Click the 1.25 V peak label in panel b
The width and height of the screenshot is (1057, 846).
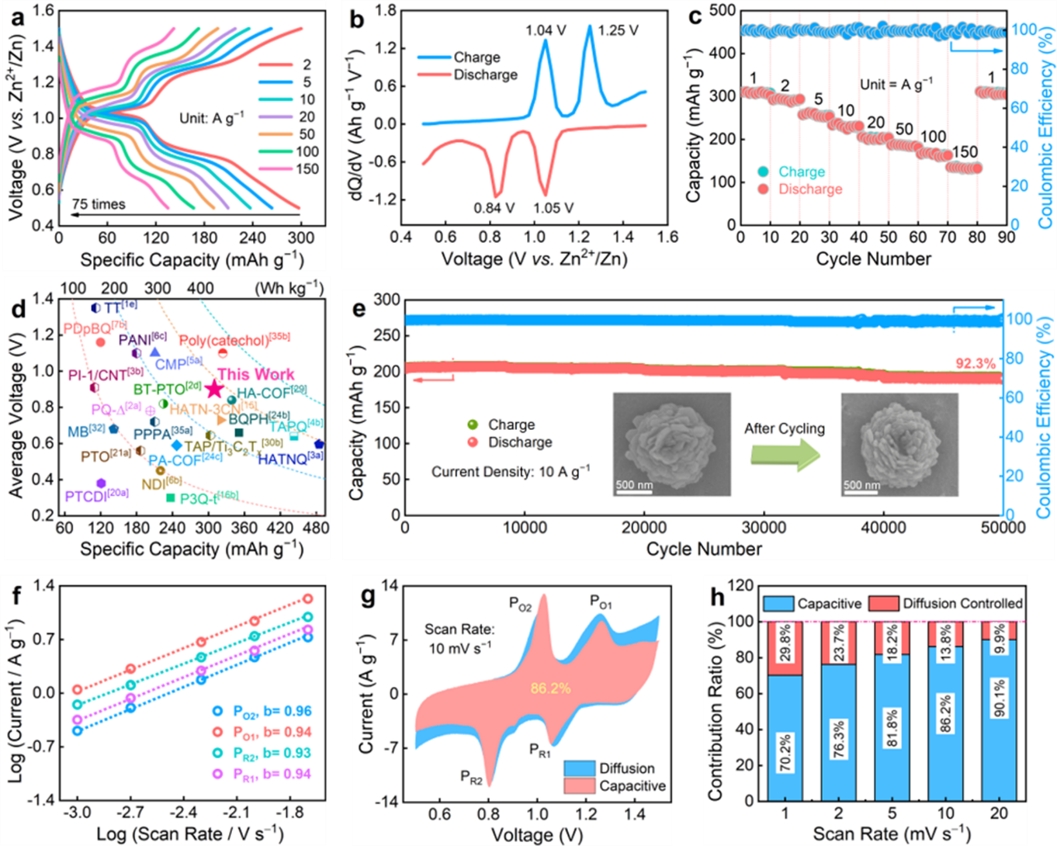tap(618, 30)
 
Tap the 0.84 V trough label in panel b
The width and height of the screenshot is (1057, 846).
tap(494, 208)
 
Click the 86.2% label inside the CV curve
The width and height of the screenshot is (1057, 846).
tap(551, 688)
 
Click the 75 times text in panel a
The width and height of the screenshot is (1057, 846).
tap(98, 204)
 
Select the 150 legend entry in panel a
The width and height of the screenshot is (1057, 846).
tap(307, 168)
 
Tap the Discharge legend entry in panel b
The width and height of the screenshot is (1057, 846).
tap(485, 75)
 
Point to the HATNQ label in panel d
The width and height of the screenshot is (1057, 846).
tap(290, 459)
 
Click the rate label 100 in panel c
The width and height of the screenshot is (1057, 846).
tap(933, 137)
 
